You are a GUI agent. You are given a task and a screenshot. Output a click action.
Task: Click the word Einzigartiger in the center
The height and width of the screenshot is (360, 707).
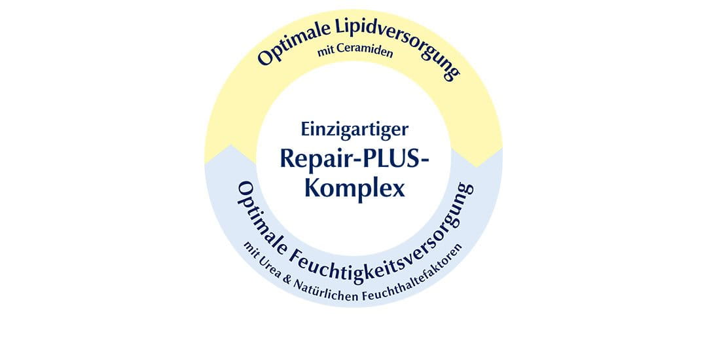(x=354, y=130)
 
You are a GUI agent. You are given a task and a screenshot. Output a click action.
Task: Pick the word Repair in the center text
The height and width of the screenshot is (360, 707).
(x=313, y=158)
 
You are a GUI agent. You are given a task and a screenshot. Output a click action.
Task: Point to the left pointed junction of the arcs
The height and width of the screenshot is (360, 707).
(x=231, y=145)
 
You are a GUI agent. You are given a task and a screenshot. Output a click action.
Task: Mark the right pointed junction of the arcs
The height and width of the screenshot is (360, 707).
(x=477, y=167)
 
